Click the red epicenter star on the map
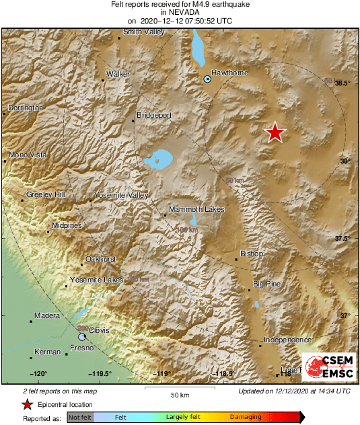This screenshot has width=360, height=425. (x=275, y=132)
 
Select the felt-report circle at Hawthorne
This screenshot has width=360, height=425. (x=208, y=79)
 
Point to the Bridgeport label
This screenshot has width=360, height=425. (x=154, y=115)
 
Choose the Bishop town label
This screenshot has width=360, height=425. (x=252, y=254)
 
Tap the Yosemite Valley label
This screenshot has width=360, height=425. (x=120, y=195)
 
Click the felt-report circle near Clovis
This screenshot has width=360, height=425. (x=82, y=336)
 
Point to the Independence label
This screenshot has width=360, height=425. (x=287, y=340)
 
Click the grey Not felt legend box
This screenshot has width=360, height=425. (x=80, y=418)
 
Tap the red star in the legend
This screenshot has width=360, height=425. (x=27, y=405)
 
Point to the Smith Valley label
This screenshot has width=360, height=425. (x=144, y=32)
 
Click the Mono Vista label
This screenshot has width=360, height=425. (x=28, y=155)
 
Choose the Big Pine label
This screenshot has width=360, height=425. (x=267, y=284)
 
